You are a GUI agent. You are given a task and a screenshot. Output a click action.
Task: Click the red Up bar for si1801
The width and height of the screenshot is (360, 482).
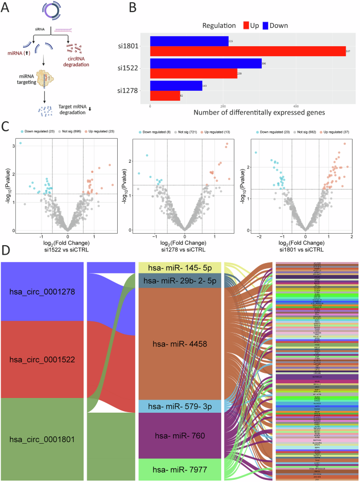point(247,51)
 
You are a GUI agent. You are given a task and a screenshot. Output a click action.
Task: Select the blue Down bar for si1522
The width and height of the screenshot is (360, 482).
point(205,63)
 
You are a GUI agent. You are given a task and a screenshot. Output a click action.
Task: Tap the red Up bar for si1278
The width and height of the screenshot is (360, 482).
point(165,96)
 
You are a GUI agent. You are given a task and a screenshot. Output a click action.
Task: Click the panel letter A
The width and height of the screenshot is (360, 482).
point(6,7)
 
